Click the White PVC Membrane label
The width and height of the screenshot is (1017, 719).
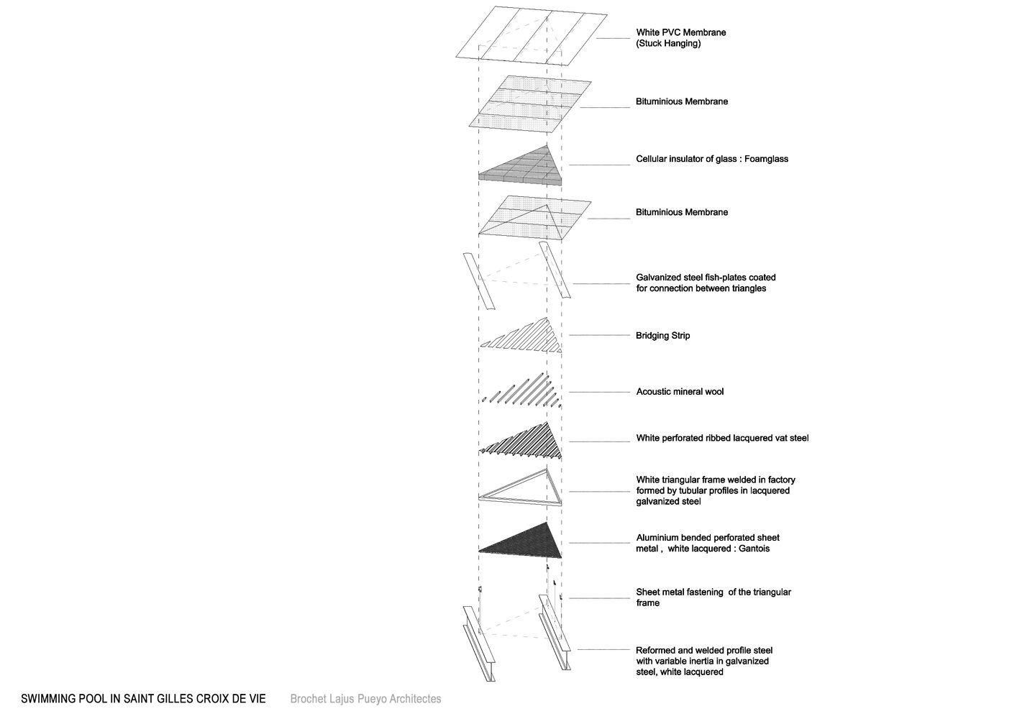[680, 32]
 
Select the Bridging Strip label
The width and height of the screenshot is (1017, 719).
[662, 336]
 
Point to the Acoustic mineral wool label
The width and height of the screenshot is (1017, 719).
[680, 392]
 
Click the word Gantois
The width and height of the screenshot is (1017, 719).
[754, 549]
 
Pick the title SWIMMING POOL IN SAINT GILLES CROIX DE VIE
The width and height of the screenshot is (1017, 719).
[143, 699]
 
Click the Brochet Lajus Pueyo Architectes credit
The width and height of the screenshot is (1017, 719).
[365, 699]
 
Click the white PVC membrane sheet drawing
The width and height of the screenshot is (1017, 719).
[532, 36]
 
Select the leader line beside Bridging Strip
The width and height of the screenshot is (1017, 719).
[599, 336]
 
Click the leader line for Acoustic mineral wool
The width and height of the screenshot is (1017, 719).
[599, 392]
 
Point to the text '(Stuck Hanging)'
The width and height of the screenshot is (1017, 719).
[668, 44]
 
